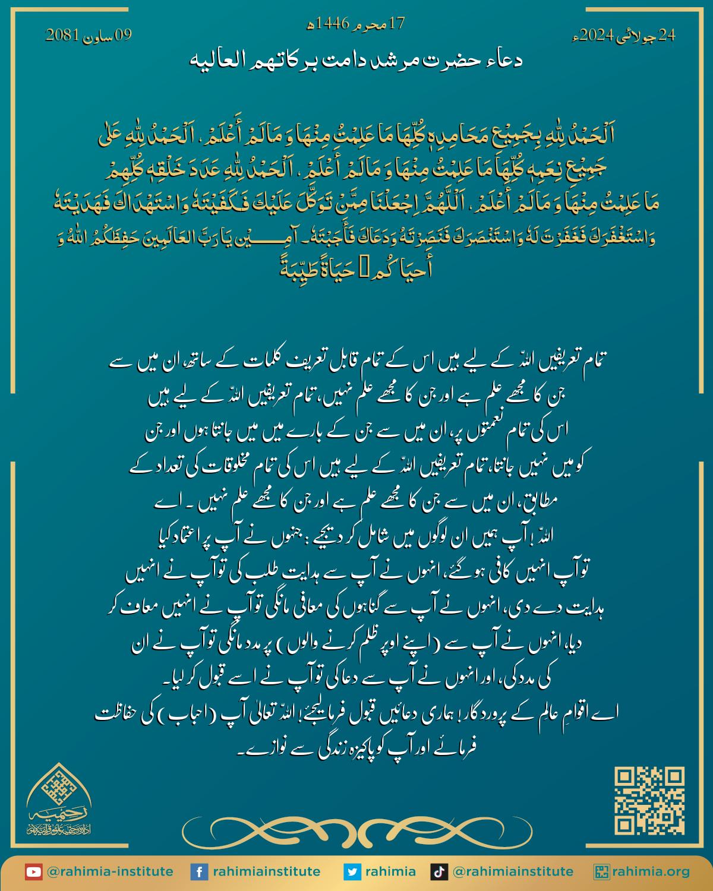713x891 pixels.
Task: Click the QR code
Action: [649, 801]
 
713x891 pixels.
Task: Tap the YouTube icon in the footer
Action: [33, 872]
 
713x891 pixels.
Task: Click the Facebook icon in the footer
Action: [198, 872]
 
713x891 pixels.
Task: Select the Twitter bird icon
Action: [352, 872]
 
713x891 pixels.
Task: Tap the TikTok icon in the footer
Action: [440, 872]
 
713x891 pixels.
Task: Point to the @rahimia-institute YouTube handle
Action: [109, 872]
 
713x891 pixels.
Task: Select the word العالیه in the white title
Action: [215, 61]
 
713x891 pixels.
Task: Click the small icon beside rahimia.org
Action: [602, 872]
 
